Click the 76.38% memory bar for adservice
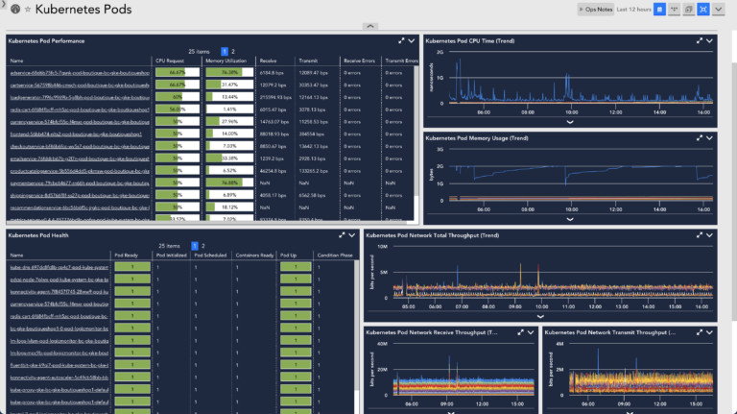228,72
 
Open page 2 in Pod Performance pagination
233,50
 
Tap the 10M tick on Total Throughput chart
381,247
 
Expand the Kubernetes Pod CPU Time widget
698,41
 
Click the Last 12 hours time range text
634,9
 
